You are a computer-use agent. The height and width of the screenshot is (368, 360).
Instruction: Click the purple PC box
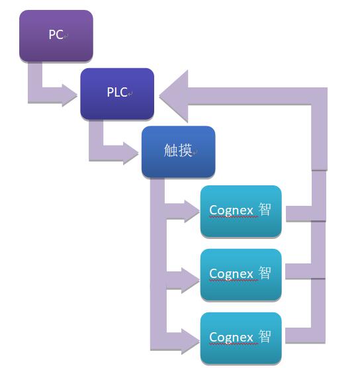click(56, 36)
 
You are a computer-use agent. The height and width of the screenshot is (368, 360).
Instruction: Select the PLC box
click(117, 93)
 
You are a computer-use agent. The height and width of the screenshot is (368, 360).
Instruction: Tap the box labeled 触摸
click(179, 152)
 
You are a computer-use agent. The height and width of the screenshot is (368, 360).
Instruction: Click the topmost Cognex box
click(241, 211)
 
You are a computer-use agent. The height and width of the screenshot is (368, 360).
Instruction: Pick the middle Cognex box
click(241, 275)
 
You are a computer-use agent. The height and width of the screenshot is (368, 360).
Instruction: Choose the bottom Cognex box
click(241, 338)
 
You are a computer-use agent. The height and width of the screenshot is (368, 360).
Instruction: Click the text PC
click(56, 34)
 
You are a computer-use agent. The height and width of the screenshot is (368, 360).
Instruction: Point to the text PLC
click(117, 92)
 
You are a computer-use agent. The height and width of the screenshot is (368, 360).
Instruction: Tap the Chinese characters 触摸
click(178, 150)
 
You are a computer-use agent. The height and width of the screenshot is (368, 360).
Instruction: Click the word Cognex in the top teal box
click(231, 210)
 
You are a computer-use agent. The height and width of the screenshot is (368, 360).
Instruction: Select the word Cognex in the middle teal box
click(231, 274)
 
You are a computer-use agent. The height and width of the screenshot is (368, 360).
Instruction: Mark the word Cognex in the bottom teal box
click(231, 338)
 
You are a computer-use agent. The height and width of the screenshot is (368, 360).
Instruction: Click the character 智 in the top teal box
click(265, 209)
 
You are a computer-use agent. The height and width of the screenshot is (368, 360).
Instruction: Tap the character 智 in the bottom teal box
click(265, 336)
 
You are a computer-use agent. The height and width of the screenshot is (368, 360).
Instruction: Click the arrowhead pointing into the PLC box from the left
click(69, 95)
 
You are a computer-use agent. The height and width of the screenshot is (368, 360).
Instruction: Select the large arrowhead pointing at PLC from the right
click(173, 96)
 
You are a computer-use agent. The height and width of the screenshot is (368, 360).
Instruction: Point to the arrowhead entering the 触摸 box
click(131, 154)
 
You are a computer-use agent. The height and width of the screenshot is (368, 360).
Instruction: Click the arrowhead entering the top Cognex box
click(192, 211)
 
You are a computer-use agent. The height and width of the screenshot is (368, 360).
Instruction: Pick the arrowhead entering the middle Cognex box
click(191, 281)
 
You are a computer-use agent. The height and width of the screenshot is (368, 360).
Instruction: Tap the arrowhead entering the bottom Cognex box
click(191, 342)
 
